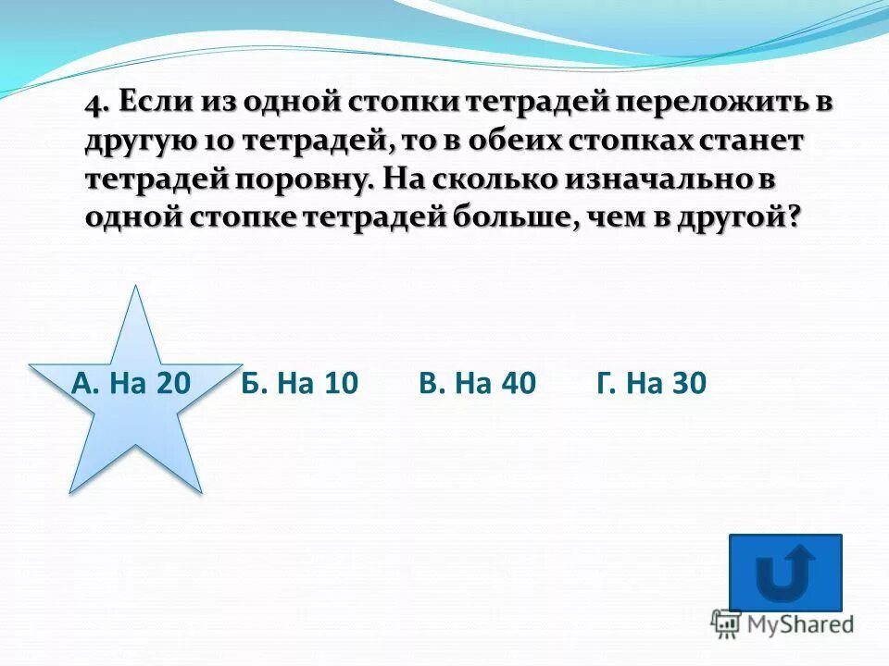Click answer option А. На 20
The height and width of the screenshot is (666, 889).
(130, 383)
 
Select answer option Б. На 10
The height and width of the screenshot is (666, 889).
(299, 383)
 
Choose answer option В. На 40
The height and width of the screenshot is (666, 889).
(477, 383)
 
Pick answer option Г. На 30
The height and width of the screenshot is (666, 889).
(652, 383)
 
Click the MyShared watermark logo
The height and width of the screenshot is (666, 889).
(783, 623)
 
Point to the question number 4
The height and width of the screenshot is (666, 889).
(92, 104)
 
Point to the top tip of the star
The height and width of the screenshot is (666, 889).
(137, 288)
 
